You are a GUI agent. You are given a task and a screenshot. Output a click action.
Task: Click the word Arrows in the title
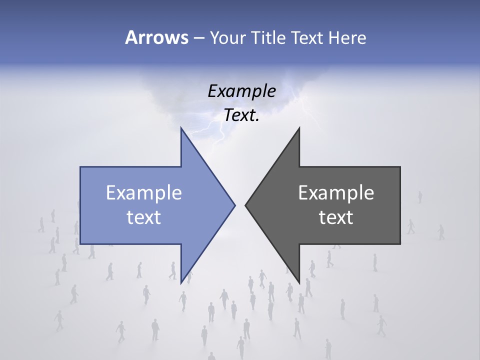click(x=156, y=37)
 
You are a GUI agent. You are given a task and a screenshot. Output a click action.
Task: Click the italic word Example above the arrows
click(x=241, y=91)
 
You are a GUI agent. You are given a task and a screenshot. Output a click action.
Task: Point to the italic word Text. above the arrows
click(x=241, y=115)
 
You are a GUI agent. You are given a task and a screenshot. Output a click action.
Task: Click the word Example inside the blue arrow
click(x=143, y=192)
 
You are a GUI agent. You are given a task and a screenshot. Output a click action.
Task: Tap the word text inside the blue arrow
click(x=143, y=217)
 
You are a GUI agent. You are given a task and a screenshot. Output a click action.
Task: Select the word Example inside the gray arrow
click(x=336, y=192)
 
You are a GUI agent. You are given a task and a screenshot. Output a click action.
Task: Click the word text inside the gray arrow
click(x=336, y=217)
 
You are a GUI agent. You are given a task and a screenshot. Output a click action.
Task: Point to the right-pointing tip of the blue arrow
click(x=234, y=205)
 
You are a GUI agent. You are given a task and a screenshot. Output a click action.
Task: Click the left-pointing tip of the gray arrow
click(x=245, y=205)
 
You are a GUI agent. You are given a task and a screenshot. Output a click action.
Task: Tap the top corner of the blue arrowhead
click(x=181, y=128)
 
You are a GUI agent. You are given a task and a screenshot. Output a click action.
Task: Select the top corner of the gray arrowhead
click(x=299, y=128)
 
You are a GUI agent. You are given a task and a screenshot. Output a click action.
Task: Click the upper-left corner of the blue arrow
click(x=81, y=167)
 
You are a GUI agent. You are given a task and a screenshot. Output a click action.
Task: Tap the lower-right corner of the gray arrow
click(x=399, y=243)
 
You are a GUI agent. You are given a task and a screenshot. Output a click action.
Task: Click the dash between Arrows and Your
click(x=198, y=38)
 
